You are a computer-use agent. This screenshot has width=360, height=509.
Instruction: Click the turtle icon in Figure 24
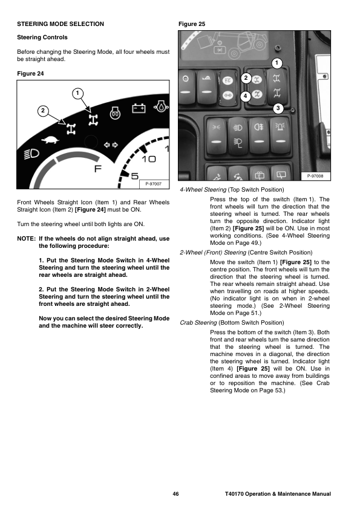pyautogui.click(x=50, y=140)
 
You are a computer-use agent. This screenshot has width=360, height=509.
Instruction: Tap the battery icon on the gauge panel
pyautogui.click(x=139, y=108)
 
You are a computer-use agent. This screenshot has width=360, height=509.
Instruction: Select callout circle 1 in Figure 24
pyautogui.click(x=77, y=94)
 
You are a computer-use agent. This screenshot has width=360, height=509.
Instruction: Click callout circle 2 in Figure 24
pyautogui.click(x=43, y=111)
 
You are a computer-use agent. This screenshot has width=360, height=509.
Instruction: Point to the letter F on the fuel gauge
pyautogui.click(x=98, y=169)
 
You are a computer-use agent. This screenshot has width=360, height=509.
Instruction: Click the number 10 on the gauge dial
pyautogui.click(x=149, y=159)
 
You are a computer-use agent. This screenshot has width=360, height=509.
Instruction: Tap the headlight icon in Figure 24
pyautogui.click(x=32, y=154)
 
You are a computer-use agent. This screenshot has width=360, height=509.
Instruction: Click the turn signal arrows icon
pyautogui.click(x=111, y=144)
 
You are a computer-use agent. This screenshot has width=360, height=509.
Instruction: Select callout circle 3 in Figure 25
pyautogui.click(x=278, y=108)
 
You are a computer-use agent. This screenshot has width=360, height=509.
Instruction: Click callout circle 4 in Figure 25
pyautogui.click(x=245, y=96)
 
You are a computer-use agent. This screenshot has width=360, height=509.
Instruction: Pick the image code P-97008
pyautogui.click(x=315, y=176)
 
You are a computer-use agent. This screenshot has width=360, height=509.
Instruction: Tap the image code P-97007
pyautogui.click(x=153, y=184)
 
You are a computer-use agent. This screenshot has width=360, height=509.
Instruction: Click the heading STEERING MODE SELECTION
pyautogui.click(x=61, y=24)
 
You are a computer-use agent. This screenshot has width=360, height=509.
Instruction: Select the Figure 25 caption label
pyautogui.click(x=192, y=24)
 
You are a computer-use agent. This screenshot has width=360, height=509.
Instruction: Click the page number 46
pyautogui.click(x=175, y=494)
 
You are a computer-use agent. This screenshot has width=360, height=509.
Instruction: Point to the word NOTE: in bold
pyautogui.click(x=26, y=239)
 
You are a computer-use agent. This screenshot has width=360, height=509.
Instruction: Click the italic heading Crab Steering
pyautogui.click(x=198, y=323)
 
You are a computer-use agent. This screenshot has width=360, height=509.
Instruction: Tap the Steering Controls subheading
pyautogui.click(x=42, y=37)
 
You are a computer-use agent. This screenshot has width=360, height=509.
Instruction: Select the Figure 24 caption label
pyautogui.click(x=30, y=74)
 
